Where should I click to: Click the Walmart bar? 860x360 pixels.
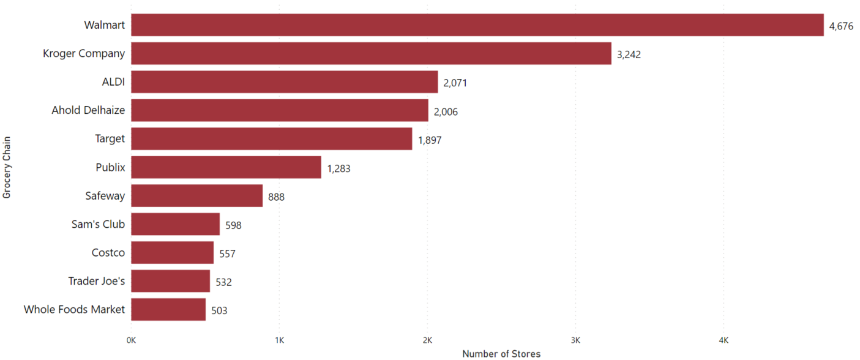point(477,25)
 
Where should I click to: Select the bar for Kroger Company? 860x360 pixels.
point(371,53)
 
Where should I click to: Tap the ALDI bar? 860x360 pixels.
point(284,82)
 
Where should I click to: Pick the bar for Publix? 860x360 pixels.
point(226,167)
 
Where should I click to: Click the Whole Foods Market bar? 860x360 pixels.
point(168,310)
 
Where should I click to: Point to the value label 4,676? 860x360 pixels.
point(841,26)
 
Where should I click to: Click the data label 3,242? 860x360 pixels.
point(629,54)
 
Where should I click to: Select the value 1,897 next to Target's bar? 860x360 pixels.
point(430,140)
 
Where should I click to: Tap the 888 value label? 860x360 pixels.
point(276,197)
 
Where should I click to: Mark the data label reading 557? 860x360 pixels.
point(227,253)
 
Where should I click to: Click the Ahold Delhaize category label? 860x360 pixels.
point(88,110)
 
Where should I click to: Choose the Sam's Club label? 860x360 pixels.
point(98,224)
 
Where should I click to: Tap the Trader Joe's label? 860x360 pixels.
point(96,281)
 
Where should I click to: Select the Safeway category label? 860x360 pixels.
point(105,196)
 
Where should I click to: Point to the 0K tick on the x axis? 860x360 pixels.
point(131,340)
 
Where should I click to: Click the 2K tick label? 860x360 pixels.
point(427,340)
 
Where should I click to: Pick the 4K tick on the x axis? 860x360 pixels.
point(724,340)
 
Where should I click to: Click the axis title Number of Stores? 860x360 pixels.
point(501,353)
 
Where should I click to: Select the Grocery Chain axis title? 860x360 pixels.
point(7,167)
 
